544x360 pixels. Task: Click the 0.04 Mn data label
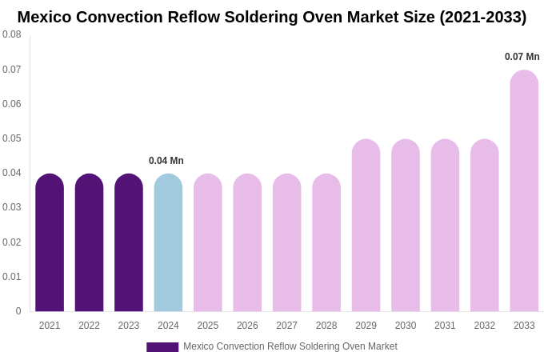tap(166, 161)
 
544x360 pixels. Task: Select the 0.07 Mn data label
tap(522, 57)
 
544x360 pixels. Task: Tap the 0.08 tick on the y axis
tap(12, 34)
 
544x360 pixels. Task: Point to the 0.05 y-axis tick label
tap(12, 138)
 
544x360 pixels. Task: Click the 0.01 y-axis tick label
tap(12, 277)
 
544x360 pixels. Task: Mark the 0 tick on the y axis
tap(18, 311)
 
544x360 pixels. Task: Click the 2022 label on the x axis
tap(89, 326)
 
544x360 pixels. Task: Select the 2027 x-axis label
tap(286, 326)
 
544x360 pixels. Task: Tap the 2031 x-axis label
tap(445, 326)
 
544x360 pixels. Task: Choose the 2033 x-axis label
tap(524, 326)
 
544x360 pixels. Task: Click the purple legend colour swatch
tap(162, 347)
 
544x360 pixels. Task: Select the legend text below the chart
tap(290, 346)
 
